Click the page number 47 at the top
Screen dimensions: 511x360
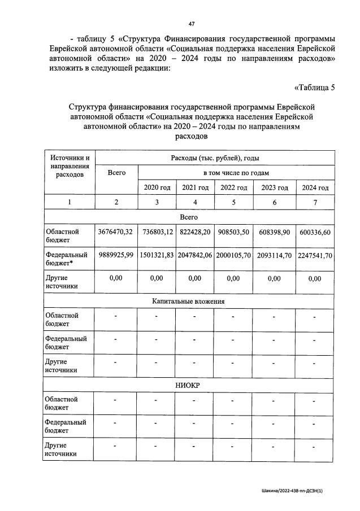point(192,23)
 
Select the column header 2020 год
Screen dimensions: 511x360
point(157,187)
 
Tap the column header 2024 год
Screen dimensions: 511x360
point(315,187)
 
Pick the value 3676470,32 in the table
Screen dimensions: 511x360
point(115,232)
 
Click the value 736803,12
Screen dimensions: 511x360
point(157,232)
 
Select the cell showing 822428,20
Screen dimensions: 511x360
point(195,232)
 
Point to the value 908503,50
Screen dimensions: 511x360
point(234,232)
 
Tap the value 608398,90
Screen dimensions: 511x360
point(275,232)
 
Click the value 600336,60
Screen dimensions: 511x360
point(315,232)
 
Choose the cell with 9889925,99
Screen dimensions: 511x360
point(115,255)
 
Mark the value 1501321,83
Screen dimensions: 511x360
point(157,255)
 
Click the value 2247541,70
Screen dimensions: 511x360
point(315,255)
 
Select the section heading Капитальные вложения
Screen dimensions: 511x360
point(188,302)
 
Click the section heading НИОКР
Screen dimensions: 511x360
point(188,385)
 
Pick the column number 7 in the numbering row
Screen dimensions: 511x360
point(315,203)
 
